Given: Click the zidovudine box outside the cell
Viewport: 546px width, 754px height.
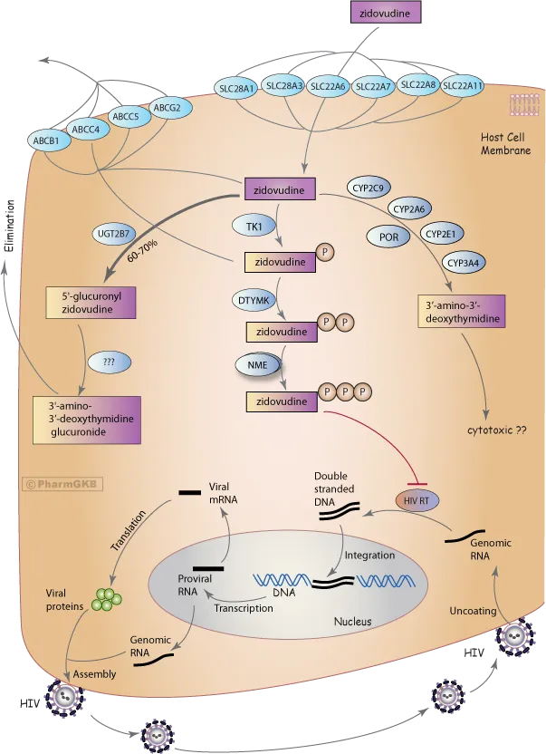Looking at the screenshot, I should coord(384,14).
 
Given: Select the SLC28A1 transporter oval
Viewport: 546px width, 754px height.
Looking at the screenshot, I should coord(238,88).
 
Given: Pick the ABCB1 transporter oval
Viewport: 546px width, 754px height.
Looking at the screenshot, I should coord(45,141).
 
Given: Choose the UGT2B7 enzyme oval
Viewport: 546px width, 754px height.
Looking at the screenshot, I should coord(116,232).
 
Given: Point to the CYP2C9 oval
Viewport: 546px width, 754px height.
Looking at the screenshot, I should coord(369,188).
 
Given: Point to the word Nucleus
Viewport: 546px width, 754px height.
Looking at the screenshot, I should coord(351,622).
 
